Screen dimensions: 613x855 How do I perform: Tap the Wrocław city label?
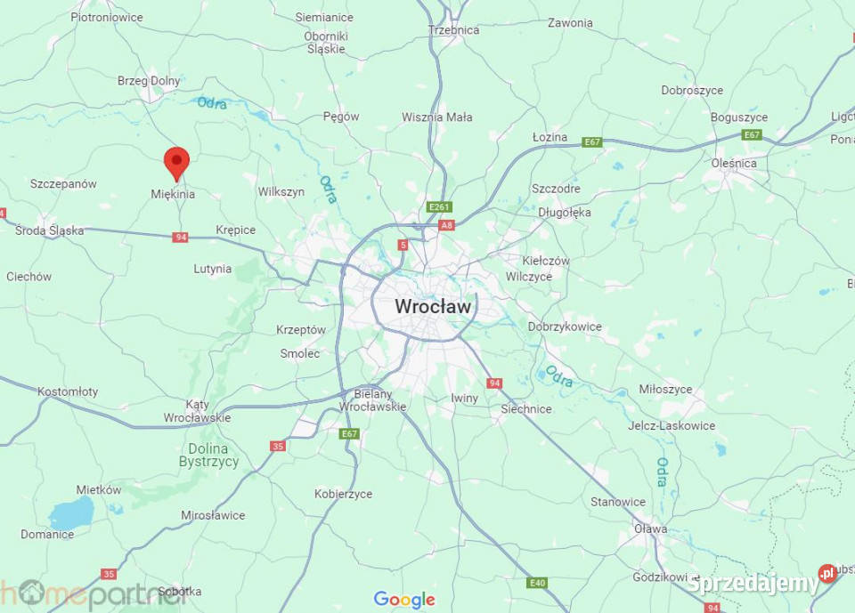(434, 306)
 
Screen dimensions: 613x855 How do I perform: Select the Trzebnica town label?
(453, 30)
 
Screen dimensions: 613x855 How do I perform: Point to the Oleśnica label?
(734, 164)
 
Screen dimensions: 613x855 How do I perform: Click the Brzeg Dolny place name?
(149, 81)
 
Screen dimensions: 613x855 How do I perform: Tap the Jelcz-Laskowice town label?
(671, 426)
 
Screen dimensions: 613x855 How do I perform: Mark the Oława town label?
(650, 529)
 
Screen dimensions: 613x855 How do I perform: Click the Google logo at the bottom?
(404, 600)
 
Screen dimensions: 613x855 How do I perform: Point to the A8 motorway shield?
(446, 225)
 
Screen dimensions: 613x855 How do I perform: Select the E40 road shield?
(536, 583)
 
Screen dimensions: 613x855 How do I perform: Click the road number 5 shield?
(403, 245)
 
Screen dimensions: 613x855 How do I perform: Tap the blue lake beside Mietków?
(71, 513)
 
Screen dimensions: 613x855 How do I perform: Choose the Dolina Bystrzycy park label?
(208, 456)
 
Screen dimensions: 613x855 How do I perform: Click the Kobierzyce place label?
(343, 494)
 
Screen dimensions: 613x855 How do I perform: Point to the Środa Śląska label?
(50, 231)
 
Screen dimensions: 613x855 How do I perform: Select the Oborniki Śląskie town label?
(326, 43)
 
